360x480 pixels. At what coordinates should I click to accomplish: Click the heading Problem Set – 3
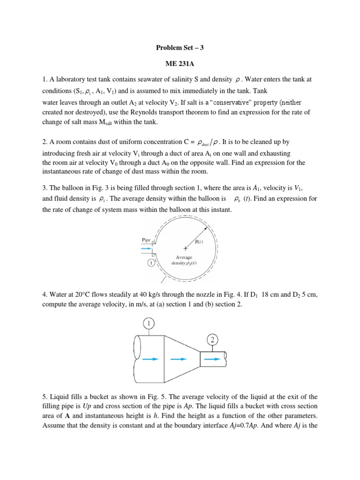[x=180, y=47]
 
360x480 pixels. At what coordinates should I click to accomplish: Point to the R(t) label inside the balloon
[x=199, y=242]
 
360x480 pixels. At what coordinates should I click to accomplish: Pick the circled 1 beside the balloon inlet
[x=151, y=263]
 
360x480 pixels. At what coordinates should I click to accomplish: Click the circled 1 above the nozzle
[x=149, y=324]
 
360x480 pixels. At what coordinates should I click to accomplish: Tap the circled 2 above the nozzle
[x=212, y=339]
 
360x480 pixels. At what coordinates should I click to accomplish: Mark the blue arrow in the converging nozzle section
[x=178, y=360]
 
